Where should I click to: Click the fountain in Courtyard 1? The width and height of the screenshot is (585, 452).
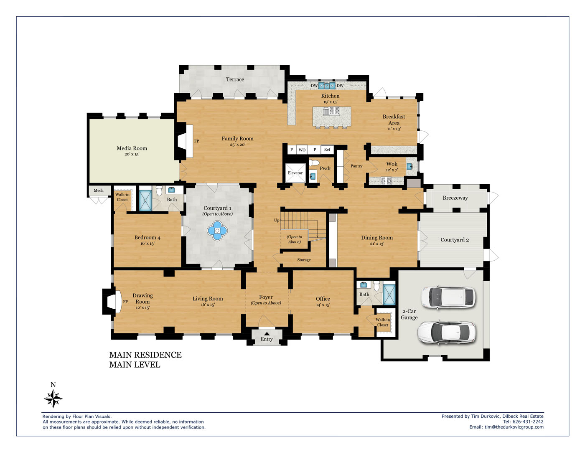(217, 231)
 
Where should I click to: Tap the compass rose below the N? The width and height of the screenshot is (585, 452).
(53, 399)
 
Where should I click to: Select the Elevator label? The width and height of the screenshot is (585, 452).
(295, 173)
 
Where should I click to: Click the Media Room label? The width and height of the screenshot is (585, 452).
(132, 148)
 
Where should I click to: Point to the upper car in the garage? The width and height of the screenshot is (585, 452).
(448, 297)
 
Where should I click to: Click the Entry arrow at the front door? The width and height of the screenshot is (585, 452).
(267, 334)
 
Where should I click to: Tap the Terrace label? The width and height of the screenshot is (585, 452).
(235, 79)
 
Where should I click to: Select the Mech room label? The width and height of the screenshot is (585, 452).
(99, 190)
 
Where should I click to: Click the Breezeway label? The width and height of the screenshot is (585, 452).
(455, 198)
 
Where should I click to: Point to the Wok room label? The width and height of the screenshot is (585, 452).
(392, 164)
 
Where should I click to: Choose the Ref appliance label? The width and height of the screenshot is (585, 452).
(327, 149)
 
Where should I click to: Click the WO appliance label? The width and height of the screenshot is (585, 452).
(302, 150)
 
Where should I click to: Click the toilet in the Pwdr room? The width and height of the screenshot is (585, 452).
(314, 163)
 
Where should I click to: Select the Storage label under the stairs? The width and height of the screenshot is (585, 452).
(304, 260)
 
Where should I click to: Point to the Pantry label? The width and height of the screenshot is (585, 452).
(356, 166)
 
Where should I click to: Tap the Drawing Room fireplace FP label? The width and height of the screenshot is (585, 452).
(125, 302)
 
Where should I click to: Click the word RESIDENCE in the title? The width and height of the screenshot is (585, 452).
(158, 355)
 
